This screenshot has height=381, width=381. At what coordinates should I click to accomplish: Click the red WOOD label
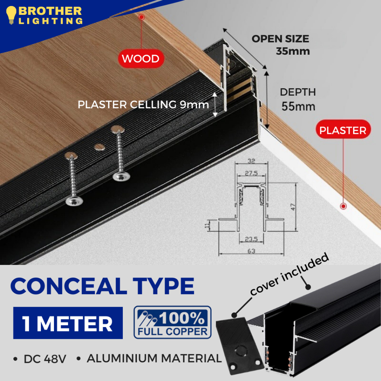pos(141,58)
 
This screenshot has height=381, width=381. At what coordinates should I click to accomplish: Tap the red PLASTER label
pos(343,130)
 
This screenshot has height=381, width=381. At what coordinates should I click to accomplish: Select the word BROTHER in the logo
pos(50,11)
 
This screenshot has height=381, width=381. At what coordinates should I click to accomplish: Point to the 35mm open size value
pos(293,51)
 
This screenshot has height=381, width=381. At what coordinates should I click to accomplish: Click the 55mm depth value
pos(298,106)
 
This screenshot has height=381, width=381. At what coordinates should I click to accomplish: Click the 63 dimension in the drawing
pos(251,251)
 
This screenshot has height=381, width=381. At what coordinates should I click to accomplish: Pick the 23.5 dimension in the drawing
pos(251,240)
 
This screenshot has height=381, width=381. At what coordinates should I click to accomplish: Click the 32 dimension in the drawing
pos(251,161)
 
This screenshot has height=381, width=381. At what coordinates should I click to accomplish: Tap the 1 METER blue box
pos(68,323)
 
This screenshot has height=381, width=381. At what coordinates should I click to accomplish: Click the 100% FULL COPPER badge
pos(172,322)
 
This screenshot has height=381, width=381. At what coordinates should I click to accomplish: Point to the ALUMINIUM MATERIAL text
pos(154,359)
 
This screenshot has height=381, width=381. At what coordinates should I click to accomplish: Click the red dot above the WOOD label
pos(141,17)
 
